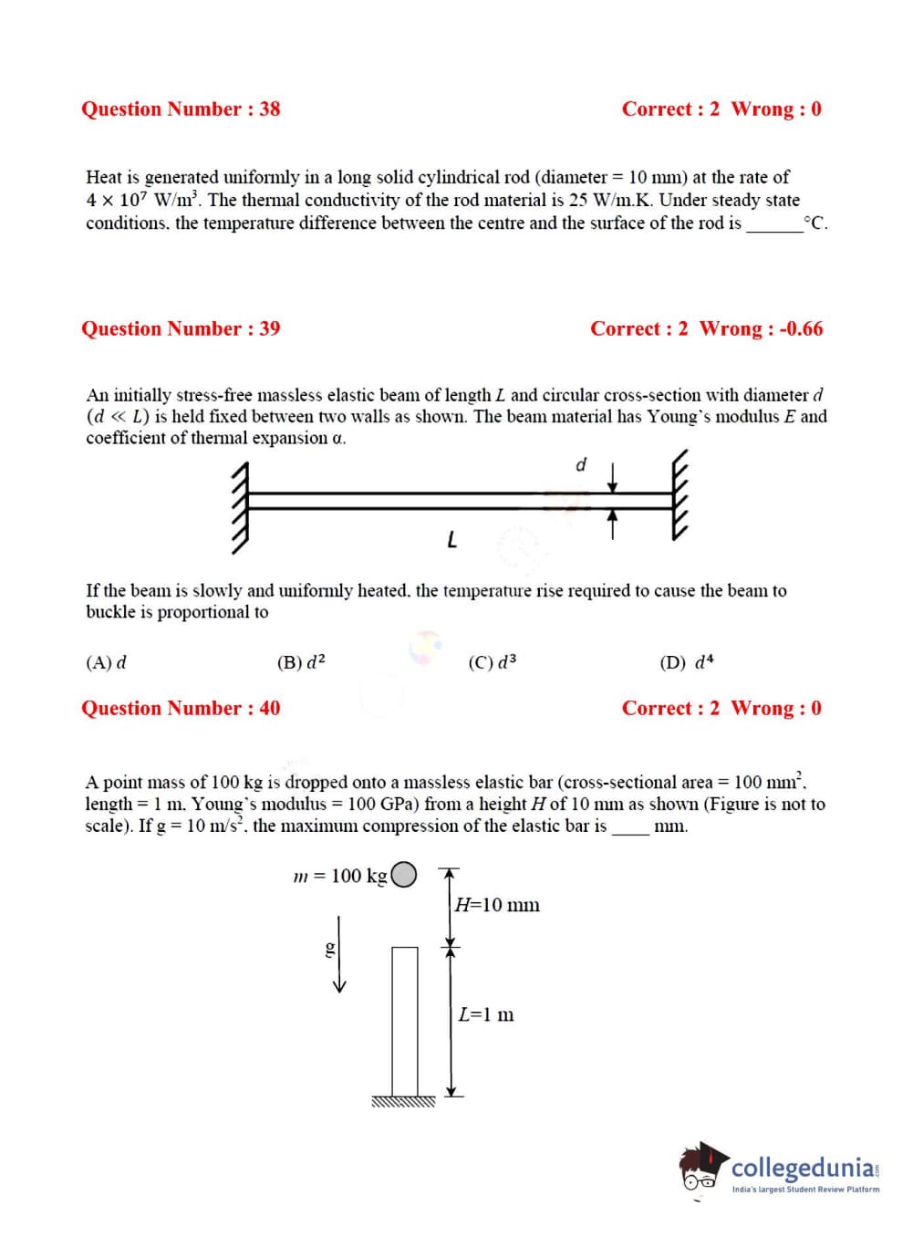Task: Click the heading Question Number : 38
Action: point(181,109)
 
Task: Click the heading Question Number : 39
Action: point(181,329)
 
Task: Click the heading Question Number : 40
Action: point(181,709)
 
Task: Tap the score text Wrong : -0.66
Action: point(761,329)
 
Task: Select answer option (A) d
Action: point(106,663)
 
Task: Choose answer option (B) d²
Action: point(301,663)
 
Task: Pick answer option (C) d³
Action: point(493,663)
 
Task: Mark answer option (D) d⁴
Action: point(687,663)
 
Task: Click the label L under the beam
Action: point(451,541)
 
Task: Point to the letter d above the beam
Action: point(580,465)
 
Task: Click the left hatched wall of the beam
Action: point(240,507)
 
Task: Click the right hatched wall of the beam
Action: point(680,497)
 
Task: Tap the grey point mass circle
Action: point(405,875)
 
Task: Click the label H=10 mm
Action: point(497,905)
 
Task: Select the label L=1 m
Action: point(486,1014)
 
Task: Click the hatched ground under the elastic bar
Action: point(403,1102)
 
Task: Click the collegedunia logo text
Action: point(803,1169)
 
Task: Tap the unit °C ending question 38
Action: point(815,223)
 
